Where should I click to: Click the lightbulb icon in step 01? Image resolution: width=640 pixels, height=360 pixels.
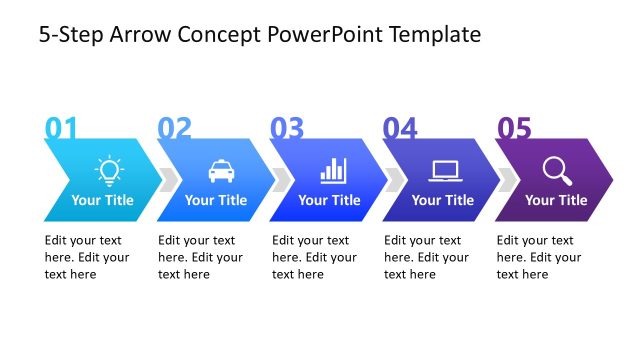click(x=107, y=170)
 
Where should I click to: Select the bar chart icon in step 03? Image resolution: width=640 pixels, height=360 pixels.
click(x=333, y=170)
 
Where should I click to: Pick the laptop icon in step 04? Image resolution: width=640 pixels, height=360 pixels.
click(x=445, y=171)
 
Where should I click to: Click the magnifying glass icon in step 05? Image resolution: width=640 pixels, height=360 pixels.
click(x=557, y=171)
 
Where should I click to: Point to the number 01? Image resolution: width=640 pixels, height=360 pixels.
click(x=61, y=128)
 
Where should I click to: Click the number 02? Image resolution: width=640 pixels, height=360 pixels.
click(x=174, y=128)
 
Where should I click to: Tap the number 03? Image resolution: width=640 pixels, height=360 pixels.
click(x=287, y=128)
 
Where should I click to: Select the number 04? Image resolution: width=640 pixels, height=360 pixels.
click(x=400, y=128)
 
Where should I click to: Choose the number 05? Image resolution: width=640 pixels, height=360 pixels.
click(x=514, y=128)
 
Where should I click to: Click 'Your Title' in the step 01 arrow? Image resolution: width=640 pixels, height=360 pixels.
click(x=102, y=200)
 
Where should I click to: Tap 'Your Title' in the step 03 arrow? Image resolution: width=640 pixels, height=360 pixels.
click(x=329, y=200)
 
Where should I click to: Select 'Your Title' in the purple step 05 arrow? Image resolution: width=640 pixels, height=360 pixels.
click(x=556, y=200)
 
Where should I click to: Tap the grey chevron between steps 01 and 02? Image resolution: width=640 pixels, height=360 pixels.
click(x=170, y=179)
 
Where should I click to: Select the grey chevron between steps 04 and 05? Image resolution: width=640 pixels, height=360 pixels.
click(x=509, y=179)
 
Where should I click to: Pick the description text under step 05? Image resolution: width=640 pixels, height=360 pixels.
click(x=538, y=257)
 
